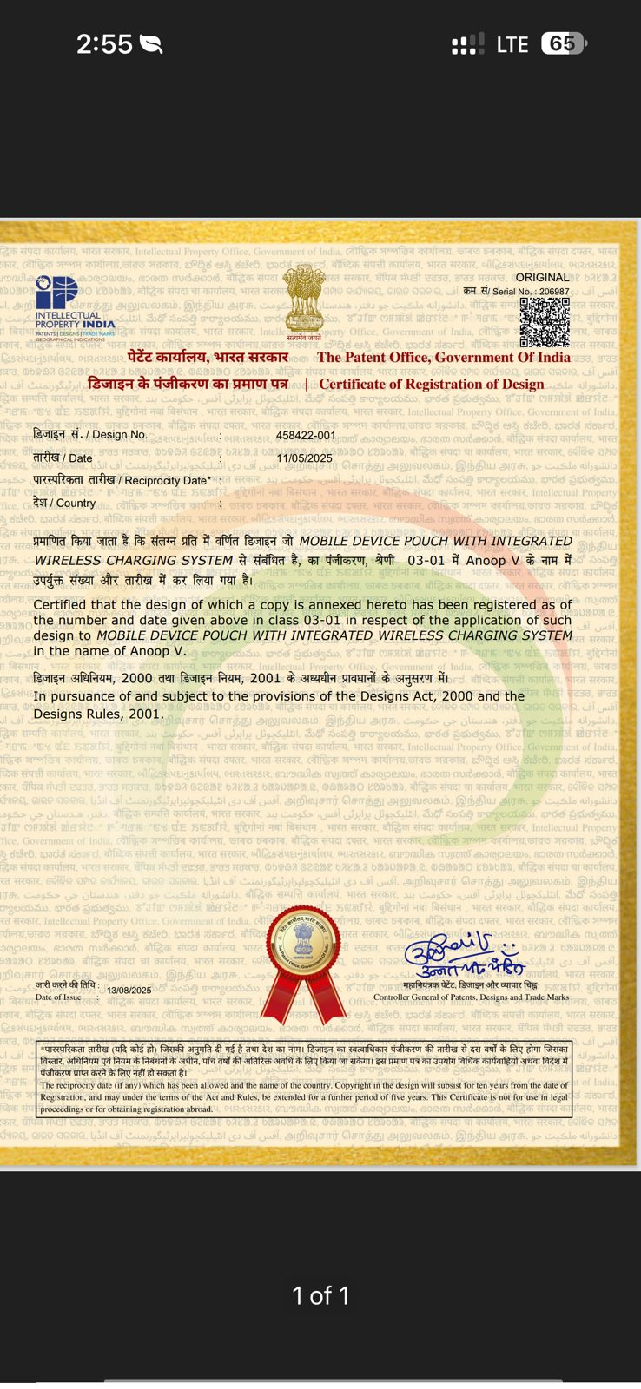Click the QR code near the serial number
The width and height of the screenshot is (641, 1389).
(545, 322)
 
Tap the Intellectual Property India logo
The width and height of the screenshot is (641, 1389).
(75, 309)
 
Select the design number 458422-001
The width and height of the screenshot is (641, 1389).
(306, 435)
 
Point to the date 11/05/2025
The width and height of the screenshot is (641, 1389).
(305, 458)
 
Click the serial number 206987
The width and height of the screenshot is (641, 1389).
(554, 293)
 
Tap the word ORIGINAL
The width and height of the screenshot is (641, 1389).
(542, 278)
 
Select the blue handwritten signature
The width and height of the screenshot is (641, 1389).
(463, 956)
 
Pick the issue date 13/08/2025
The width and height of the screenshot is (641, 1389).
(129, 991)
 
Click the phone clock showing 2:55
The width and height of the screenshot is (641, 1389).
(104, 44)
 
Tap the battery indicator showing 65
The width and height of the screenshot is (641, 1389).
(563, 43)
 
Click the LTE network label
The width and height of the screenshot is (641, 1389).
(512, 44)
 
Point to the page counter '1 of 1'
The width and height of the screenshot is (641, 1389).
(320, 1296)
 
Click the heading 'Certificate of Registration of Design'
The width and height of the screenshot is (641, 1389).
(432, 384)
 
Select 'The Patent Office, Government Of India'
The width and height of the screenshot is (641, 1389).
(444, 357)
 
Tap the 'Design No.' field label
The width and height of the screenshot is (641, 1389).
(90, 434)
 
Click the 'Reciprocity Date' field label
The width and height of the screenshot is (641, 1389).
(122, 480)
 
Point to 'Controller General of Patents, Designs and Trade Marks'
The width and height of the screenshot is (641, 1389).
(471, 997)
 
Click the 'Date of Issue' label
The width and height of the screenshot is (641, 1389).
(58, 997)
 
